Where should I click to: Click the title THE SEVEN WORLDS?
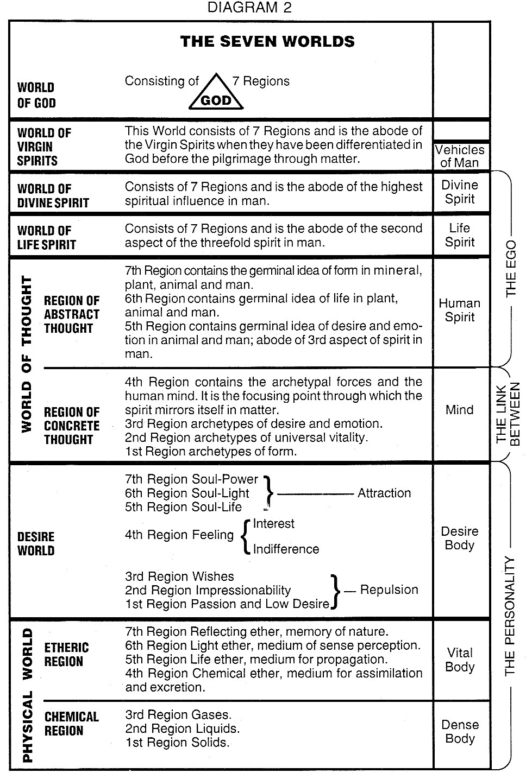267,41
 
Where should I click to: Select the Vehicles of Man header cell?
460,156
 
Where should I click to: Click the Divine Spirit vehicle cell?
460,192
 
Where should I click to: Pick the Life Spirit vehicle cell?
460,235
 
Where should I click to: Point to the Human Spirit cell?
460,310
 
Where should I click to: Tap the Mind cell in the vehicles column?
460,410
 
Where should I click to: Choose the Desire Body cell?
460,538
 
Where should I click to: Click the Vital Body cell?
460,660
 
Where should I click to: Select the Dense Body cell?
460,731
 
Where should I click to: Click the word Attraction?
384,493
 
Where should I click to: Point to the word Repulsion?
389,590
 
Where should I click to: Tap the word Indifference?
286,549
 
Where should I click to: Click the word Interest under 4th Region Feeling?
274,524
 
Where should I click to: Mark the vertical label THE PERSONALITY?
510,616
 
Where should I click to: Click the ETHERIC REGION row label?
66,654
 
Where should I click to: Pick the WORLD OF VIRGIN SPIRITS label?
44,147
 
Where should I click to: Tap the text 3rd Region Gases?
178,714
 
